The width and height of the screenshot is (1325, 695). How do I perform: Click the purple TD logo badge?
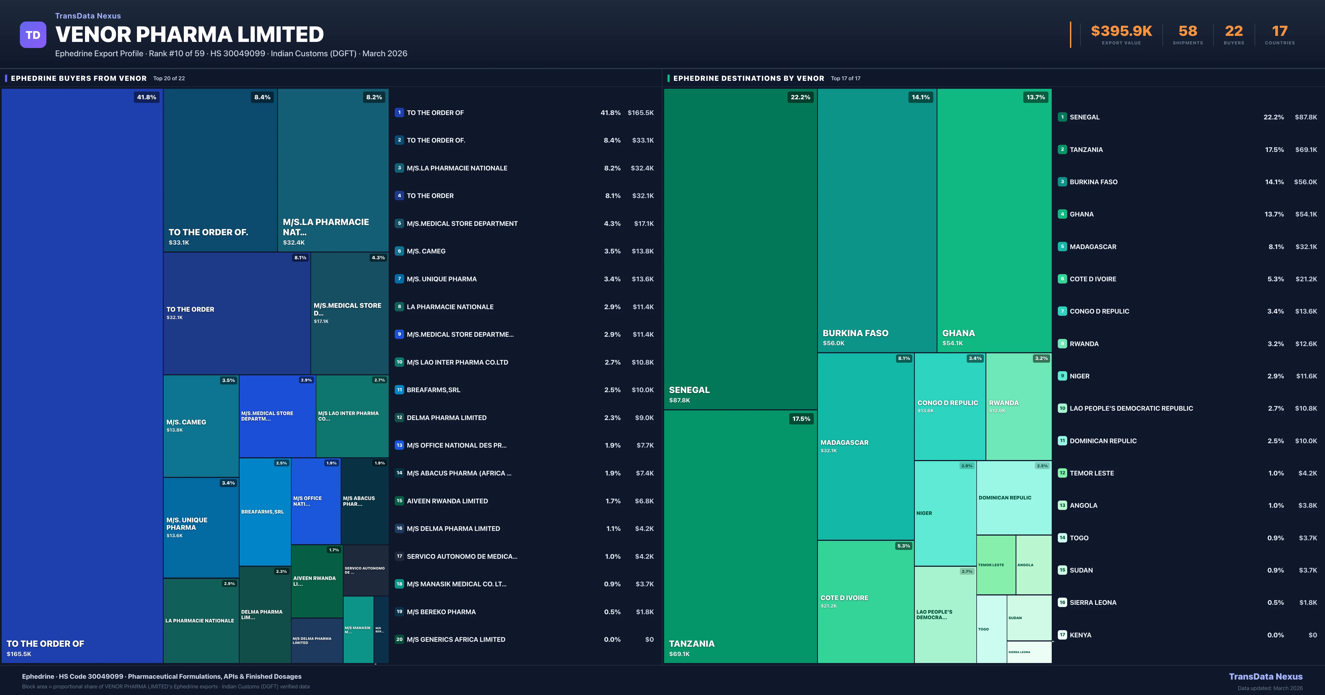click(x=33, y=35)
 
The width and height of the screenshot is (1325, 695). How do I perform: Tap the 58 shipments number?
click(x=1188, y=31)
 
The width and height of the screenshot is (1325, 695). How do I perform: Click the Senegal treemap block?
click(x=740, y=249)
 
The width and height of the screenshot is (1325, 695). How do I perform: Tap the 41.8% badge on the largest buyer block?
click(x=147, y=97)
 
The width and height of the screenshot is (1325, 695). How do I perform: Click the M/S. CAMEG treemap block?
click(x=201, y=426)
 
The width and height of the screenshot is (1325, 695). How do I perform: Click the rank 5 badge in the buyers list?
click(x=399, y=224)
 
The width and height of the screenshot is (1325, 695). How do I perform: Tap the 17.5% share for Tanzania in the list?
click(x=1274, y=149)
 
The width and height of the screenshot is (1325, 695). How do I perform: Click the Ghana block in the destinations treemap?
click(x=994, y=220)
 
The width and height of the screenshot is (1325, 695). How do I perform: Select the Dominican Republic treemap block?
click(x=1013, y=498)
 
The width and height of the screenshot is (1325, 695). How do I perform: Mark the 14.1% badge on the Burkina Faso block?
click(x=920, y=97)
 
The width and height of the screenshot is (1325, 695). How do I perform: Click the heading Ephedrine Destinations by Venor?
click(x=748, y=78)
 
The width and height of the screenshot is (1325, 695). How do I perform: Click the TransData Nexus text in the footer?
click(x=1265, y=677)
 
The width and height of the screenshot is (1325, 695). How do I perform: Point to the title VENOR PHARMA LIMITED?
click(x=189, y=34)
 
